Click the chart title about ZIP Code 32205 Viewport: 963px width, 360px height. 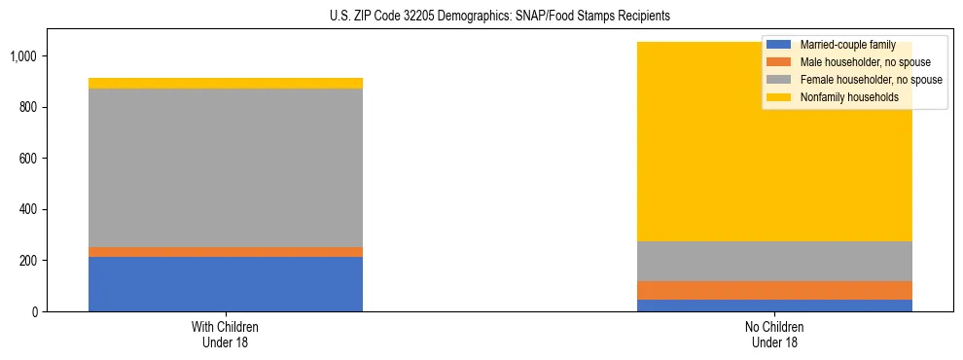pyautogui.click(x=481, y=17)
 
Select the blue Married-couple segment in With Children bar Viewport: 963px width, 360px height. pyautogui.click(x=226, y=284)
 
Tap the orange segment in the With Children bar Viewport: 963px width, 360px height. pyautogui.click(x=226, y=252)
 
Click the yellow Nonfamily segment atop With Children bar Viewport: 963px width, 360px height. pyautogui.click(x=226, y=84)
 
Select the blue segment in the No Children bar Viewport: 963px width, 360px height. pyautogui.click(x=774, y=306)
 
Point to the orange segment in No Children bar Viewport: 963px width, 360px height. pyautogui.click(x=774, y=290)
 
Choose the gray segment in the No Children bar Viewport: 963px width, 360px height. pyautogui.click(x=774, y=261)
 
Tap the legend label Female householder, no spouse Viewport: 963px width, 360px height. pyautogui.click(x=871, y=80)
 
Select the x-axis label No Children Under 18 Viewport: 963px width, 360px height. pyautogui.click(x=774, y=335)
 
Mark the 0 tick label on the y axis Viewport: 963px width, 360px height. pyautogui.click(x=37, y=312)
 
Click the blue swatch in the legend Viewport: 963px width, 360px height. pyautogui.click(x=779, y=45)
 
